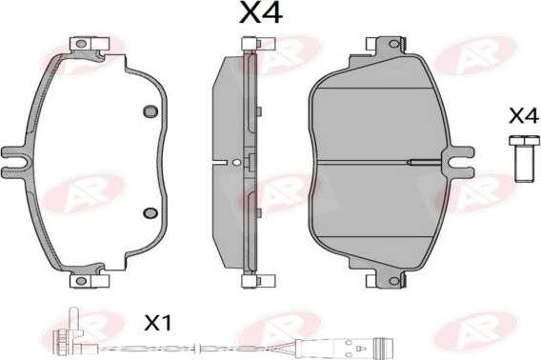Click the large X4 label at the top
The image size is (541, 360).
point(261,13)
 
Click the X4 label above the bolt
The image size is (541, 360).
point(524,116)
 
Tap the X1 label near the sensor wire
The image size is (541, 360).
point(158,324)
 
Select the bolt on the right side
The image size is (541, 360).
point(524,158)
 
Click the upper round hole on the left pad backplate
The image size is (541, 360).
point(150,111)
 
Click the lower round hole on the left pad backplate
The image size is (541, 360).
point(150,212)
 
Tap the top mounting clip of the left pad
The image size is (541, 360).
point(90,44)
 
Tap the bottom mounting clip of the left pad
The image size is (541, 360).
point(90,281)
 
